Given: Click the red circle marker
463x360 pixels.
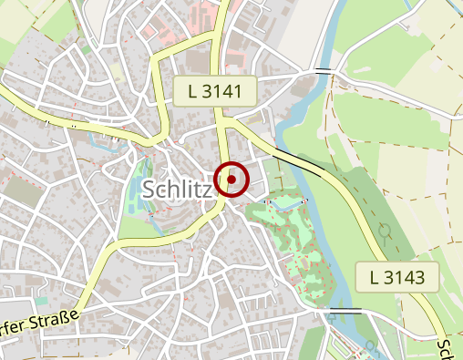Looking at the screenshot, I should coord(231,180).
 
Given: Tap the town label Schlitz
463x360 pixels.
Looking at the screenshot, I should coord(178,189).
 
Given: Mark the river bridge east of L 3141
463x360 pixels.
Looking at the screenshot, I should coord(323,69).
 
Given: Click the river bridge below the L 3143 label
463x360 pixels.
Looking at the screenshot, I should coord(345,312).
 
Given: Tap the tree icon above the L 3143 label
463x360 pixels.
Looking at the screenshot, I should coord(386,231).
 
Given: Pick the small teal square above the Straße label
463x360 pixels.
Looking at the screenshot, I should coord(40,300).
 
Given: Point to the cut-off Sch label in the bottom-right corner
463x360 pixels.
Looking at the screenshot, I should coord(447,350).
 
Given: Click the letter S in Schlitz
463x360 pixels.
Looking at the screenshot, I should coord(149,189).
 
